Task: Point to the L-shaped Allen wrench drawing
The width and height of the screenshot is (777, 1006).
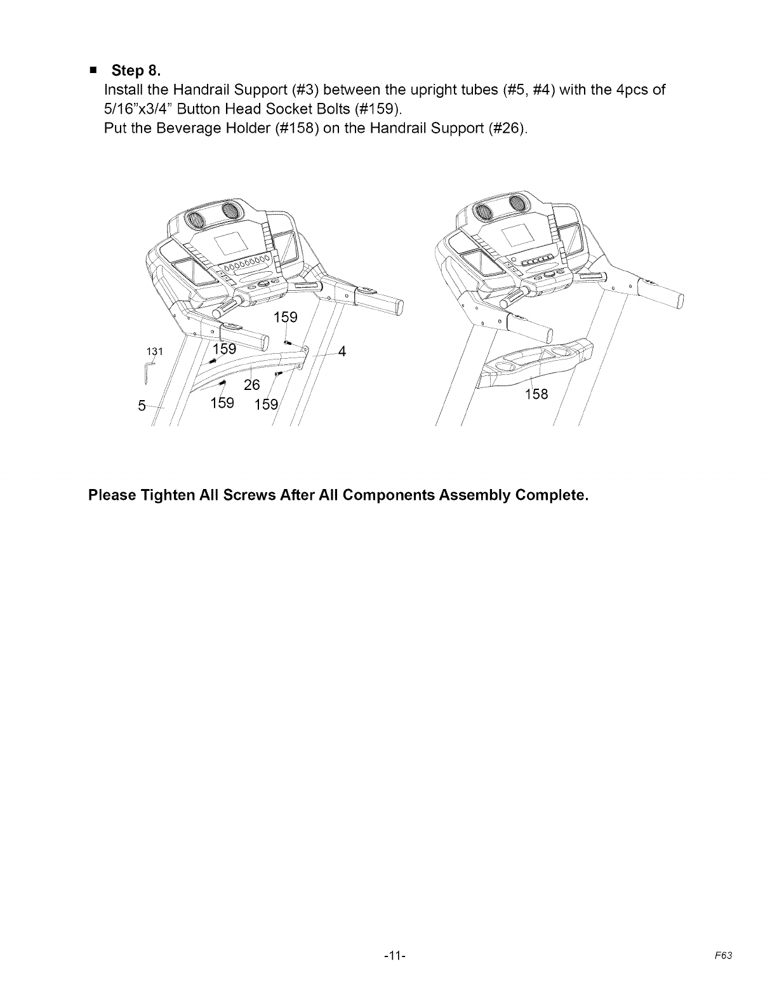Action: [x=145, y=373]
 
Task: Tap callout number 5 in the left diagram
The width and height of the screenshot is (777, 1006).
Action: [x=143, y=405]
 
